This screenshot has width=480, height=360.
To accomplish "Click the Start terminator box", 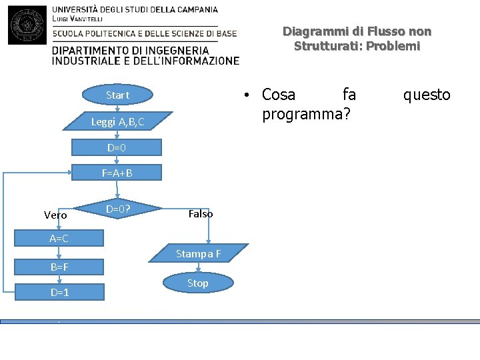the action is [x=117, y=95].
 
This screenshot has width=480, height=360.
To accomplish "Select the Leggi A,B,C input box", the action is [x=117, y=121].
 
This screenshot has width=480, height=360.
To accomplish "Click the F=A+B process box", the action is [x=117, y=173].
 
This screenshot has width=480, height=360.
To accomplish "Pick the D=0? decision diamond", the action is [x=117, y=210].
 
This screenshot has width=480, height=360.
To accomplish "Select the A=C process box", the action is [x=59, y=238].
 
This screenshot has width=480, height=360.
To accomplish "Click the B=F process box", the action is [x=59, y=267].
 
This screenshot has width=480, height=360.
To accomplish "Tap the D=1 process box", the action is [x=59, y=292].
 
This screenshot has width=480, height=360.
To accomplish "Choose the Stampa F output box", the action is [x=198, y=253].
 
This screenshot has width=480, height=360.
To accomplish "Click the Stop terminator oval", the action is [x=198, y=283].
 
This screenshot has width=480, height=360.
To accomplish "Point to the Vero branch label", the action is [x=55, y=215].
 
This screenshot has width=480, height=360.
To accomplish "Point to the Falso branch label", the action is [x=201, y=214].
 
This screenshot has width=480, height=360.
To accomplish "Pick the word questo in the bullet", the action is [x=427, y=95].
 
